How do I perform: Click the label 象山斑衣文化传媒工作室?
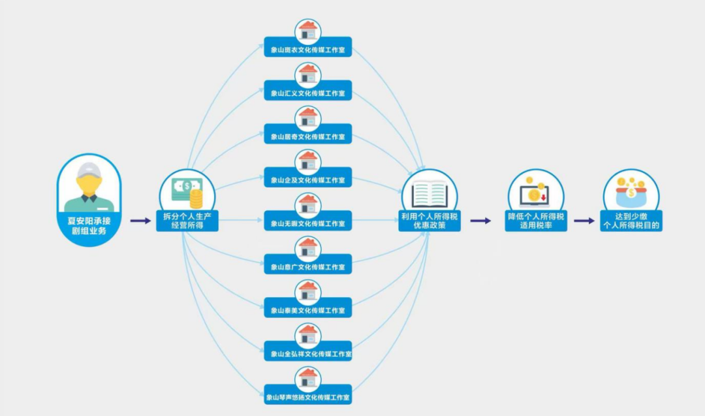point(307,49)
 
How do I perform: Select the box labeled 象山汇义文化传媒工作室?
point(307,93)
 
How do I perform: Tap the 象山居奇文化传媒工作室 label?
point(307,136)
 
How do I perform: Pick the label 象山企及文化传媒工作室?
point(307,180)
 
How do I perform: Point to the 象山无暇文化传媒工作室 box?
point(307,223)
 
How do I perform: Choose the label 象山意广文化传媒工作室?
point(307,267)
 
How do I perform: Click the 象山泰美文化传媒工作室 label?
point(307,310)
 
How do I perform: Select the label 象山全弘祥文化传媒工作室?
point(307,354)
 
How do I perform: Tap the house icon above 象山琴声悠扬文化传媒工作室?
point(307,378)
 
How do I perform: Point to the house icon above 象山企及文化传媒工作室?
point(307,161)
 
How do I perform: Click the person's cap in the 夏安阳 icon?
point(89,170)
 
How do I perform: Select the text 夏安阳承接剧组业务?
point(89,225)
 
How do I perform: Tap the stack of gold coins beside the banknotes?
point(196,196)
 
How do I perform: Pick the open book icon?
point(429,194)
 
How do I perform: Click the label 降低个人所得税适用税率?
point(535,221)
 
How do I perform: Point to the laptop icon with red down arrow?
point(534,195)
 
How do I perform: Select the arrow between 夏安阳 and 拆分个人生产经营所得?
point(140,221)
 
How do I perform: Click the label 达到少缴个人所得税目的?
point(631,221)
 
